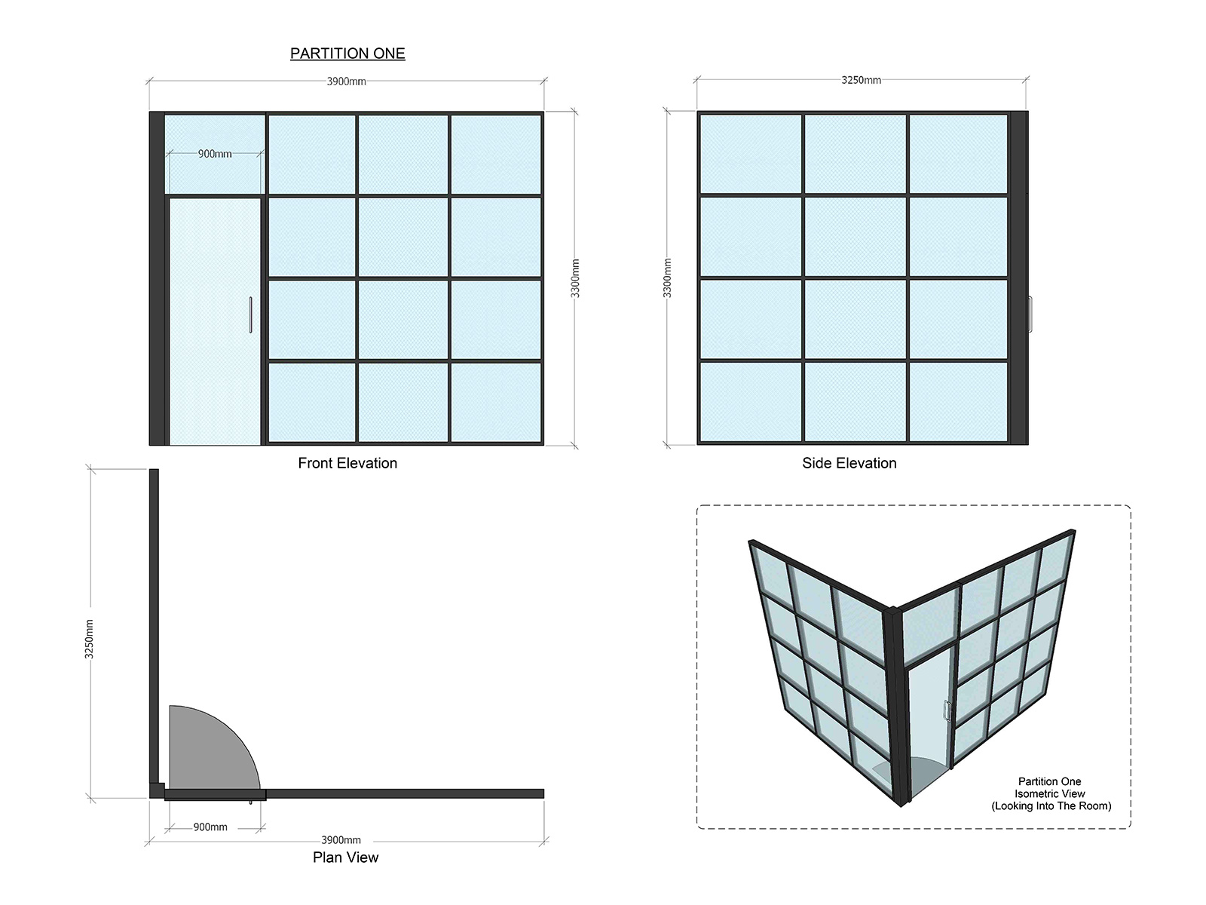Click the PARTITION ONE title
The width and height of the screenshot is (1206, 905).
[347, 54]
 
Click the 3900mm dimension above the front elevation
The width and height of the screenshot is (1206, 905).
[346, 81]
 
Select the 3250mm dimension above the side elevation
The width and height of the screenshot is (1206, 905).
[861, 80]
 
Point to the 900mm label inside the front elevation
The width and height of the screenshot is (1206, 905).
[215, 154]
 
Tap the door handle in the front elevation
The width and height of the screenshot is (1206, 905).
[250, 314]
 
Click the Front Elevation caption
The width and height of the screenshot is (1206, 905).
[347, 463]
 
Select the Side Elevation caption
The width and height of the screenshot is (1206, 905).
[849, 463]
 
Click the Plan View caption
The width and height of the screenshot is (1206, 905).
[345, 857]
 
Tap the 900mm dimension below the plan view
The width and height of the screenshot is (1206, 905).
[210, 827]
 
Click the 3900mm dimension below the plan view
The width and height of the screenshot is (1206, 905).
[341, 840]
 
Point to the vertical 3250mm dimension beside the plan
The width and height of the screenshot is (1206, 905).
[89, 639]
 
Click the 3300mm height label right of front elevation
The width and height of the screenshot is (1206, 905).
[575, 278]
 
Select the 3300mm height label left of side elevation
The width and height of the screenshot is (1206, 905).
[667, 278]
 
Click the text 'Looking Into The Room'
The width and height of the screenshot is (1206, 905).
[1051, 806]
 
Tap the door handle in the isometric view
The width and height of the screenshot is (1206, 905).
[947, 710]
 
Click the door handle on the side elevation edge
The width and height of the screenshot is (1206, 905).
[1030, 314]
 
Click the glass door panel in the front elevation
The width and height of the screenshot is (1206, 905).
[215, 321]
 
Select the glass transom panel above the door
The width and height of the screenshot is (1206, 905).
[215, 154]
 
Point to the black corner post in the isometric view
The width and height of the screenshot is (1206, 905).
[897, 706]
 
